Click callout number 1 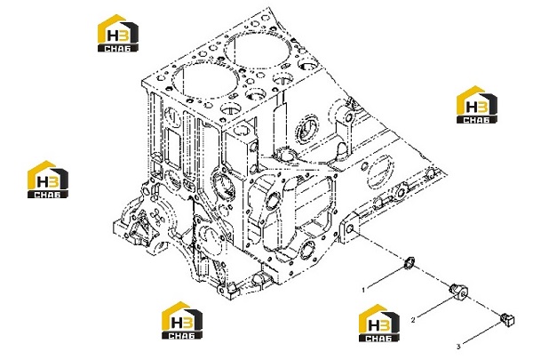pos(363,291)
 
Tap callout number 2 pos(413,320)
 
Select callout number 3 pos(457,347)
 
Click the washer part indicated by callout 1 pos(409,263)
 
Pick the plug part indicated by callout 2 pos(458,291)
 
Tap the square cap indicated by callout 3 pos(507,319)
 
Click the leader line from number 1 pos(386,277)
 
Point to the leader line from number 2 pos(436,308)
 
